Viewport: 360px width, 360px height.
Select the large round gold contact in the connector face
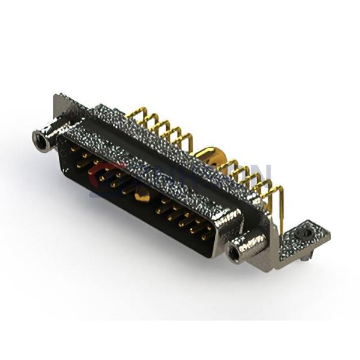pyautogui.click(x=142, y=193)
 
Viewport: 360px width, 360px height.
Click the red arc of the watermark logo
pyautogui.click(x=99, y=171)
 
